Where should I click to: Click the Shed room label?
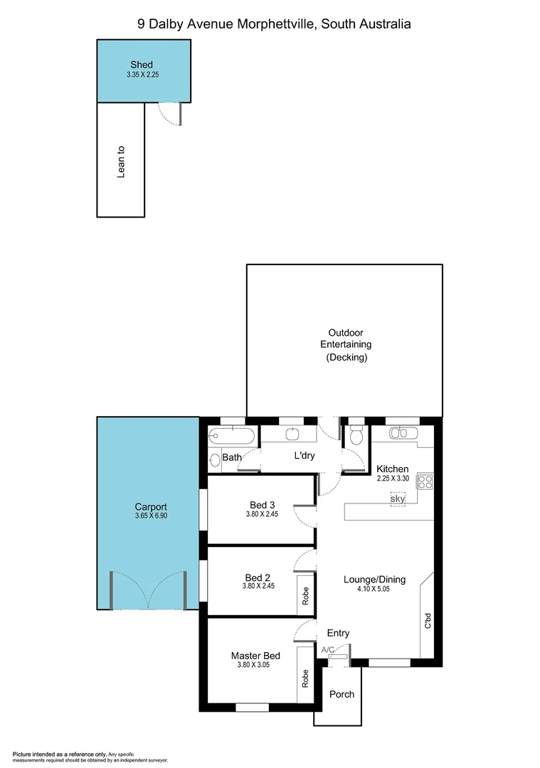click(x=141, y=65)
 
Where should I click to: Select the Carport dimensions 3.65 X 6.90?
click(x=151, y=516)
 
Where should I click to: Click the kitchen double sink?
click(x=401, y=432)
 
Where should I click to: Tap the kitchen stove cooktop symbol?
click(x=425, y=481)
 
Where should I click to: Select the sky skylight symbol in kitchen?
click(x=398, y=499)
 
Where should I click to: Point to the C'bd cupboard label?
click(x=428, y=620)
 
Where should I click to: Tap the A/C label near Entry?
click(x=328, y=649)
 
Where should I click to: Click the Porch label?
click(x=342, y=694)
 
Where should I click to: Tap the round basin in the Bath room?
click(x=216, y=459)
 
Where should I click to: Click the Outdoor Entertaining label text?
click(x=345, y=345)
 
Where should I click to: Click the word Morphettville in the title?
click(x=275, y=23)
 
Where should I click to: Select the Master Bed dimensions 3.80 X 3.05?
click(x=255, y=665)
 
